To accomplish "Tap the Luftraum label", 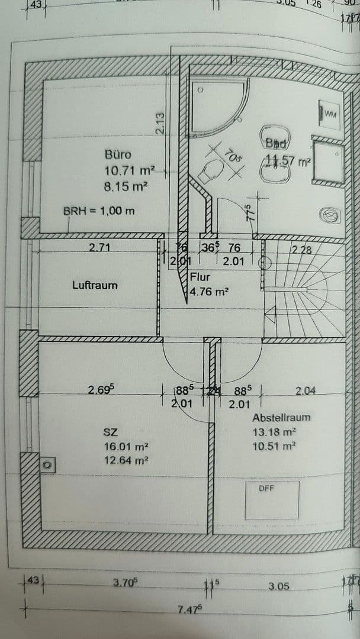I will [x=95, y=285].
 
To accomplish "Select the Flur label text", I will [x=200, y=277].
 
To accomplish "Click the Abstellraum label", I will [x=281, y=418].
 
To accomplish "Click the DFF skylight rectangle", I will [x=272, y=500].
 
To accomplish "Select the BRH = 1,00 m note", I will [x=99, y=211].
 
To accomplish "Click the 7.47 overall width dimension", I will [x=189, y=610].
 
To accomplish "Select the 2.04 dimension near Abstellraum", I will [x=306, y=390].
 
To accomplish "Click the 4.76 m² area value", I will [x=209, y=291].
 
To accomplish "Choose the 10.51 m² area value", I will [x=274, y=446].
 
